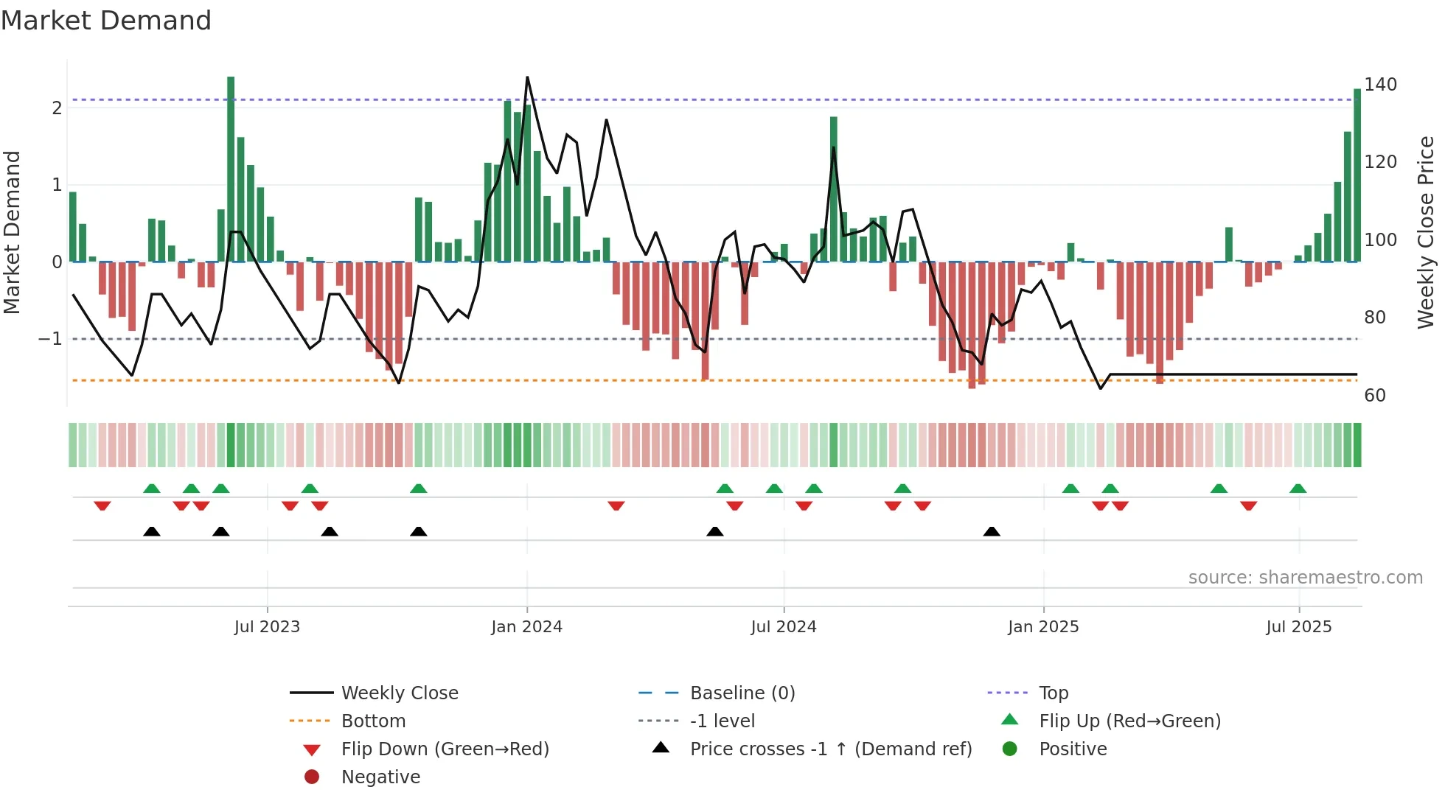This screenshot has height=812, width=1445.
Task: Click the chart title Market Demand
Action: (106, 21)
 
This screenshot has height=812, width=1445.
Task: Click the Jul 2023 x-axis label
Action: (267, 627)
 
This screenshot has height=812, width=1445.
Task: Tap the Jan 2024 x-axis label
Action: (526, 627)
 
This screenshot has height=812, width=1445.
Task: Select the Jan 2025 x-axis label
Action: (1043, 627)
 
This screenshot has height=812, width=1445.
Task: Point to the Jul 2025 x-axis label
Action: (1298, 627)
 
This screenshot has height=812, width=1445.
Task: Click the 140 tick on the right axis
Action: (1380, 85)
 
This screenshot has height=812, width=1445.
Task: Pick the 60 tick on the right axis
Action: (1375, 396)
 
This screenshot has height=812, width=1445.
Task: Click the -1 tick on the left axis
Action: (50, 339)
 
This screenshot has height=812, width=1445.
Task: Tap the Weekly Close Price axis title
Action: (1426, 232)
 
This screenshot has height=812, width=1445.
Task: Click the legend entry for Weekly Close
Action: (399, 693)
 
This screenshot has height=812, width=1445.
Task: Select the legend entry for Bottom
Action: (373, 721)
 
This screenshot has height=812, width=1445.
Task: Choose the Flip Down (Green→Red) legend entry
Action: (445, 749)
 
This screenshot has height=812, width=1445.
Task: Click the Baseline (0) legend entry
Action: (742, 693)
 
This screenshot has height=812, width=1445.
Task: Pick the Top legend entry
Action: (1053, 693)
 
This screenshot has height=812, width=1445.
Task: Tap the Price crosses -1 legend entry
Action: (830, 749)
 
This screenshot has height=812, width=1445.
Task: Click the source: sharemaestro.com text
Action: (1305, 578)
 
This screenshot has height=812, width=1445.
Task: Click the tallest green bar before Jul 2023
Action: (231, 169)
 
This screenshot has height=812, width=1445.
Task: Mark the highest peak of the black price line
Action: (527, 77)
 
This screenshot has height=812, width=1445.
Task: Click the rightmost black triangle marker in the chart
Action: (992, 532)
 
